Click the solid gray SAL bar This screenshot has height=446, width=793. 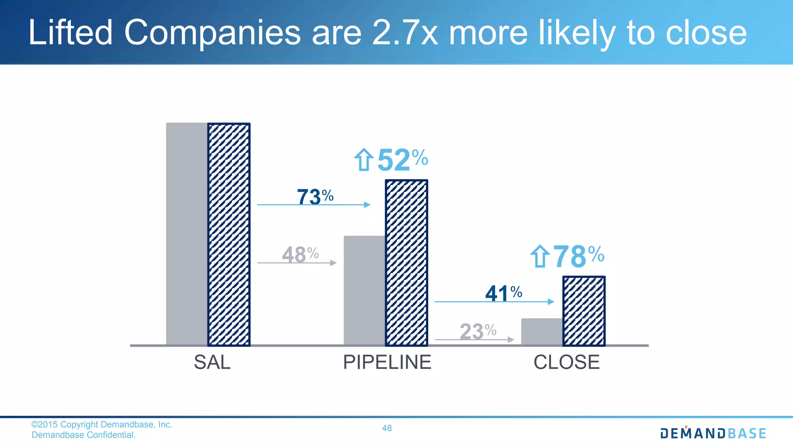tap(187, 233)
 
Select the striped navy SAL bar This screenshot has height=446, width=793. tap(229, 234)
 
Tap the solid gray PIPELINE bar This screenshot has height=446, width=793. tap(364, 290)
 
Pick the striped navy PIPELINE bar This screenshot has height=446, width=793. tap(406, 262)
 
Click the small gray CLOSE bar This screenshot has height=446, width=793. tap(542, 331)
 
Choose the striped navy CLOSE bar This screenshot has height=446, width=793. tap(584, 311)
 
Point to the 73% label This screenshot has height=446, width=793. tap(315, 196)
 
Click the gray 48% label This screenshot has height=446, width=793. tap(300, 255)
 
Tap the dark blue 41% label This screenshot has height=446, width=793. tap(503, 293)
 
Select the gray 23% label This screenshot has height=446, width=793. tap(478, 331)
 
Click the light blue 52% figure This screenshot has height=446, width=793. tap(402, 160)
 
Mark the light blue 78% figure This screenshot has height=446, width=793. tap(578, 256)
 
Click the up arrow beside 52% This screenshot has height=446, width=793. tap(364, 160)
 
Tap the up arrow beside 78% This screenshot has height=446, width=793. tap(540, 256)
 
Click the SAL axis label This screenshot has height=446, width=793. tap(212, 362)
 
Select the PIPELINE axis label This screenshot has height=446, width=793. tap(387, 362)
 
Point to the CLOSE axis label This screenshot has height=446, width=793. tap(566, 362)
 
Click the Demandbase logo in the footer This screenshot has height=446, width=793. tap(713, 433)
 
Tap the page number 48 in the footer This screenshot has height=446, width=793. tap(387, 428)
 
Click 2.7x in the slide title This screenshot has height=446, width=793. tap(405, 33)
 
